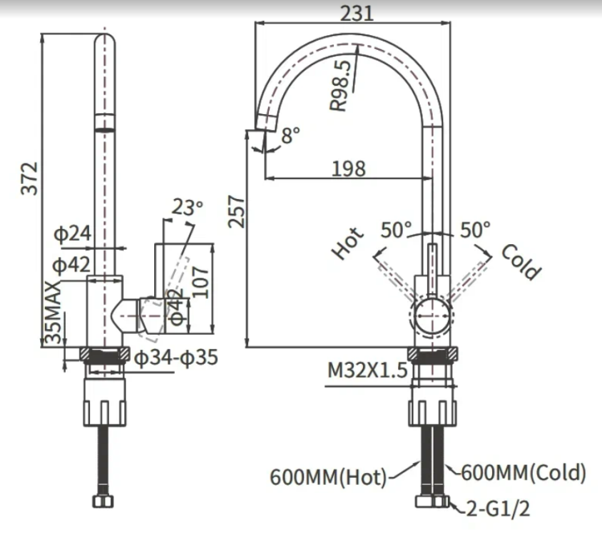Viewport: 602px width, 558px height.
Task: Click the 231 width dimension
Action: (356, 14)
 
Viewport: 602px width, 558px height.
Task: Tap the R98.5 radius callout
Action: (340, 85)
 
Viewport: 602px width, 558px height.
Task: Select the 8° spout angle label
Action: (291, 135)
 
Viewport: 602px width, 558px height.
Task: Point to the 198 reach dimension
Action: (348, 169)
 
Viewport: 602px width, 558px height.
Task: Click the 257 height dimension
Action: (236, 212)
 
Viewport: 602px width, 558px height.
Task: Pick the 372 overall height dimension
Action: (30, 178)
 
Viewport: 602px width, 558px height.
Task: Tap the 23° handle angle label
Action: (187, 207)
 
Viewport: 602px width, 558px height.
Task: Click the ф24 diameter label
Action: (72, 233)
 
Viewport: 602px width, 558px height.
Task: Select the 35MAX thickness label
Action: (53, 312)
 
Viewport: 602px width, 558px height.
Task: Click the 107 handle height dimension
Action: (201, 283)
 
